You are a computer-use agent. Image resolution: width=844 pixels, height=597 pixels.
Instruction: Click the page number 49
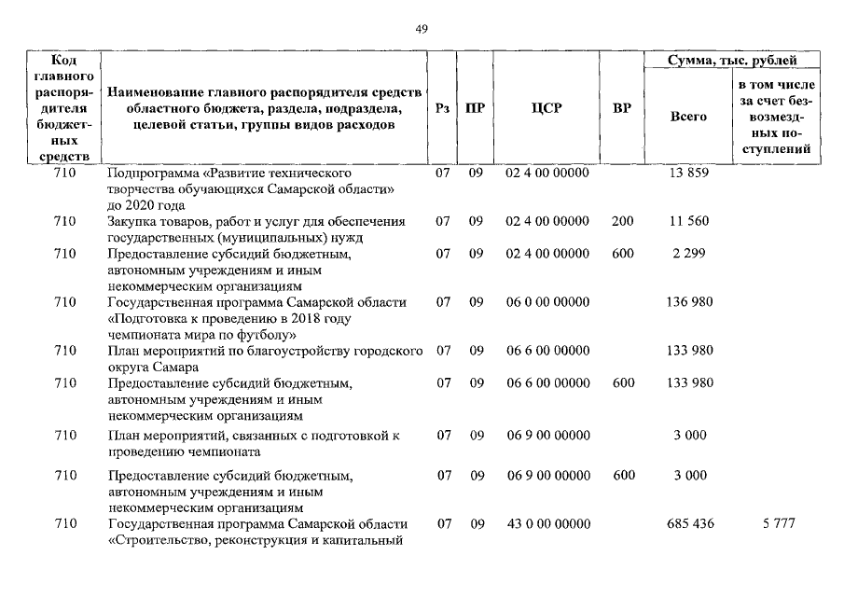click(422, 28)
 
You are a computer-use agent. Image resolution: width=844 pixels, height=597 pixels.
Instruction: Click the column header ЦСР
click(547, 108)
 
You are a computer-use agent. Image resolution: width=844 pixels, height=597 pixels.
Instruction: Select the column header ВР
click(622, 108)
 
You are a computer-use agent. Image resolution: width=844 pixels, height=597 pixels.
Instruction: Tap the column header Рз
click(443, 108)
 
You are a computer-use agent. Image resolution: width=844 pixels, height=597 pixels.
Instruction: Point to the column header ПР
click(475, 108)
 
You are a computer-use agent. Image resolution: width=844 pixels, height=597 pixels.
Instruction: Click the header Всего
click(689, 117)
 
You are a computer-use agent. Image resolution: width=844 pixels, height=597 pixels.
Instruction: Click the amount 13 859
click(689, 174)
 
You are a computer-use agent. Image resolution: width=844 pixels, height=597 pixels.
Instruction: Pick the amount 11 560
click(689, 221)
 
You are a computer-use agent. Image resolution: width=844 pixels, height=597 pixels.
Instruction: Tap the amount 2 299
click(689, 254)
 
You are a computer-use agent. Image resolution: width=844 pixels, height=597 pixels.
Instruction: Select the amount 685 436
click(690, 524)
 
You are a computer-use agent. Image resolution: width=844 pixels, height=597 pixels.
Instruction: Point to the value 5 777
click(778, 524)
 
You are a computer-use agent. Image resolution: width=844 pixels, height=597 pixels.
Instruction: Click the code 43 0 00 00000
click(547, 524)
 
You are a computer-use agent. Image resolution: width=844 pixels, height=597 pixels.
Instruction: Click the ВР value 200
click(622, 221)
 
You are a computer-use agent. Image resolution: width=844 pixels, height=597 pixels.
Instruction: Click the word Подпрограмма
click(150, 174)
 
